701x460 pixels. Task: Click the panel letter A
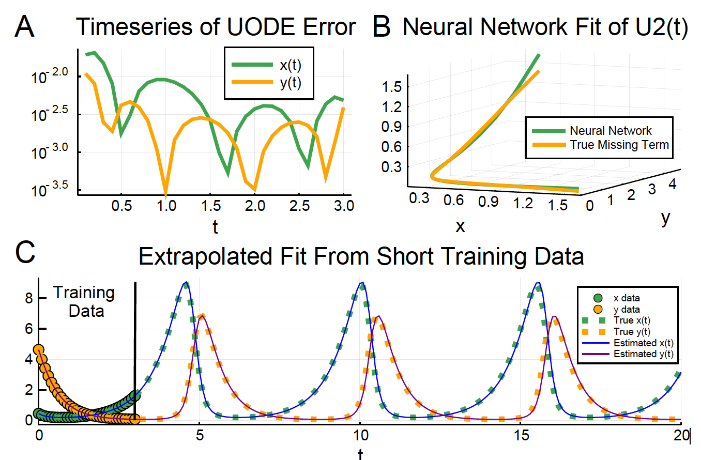point(25,27)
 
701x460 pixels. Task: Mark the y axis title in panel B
point(665,219)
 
